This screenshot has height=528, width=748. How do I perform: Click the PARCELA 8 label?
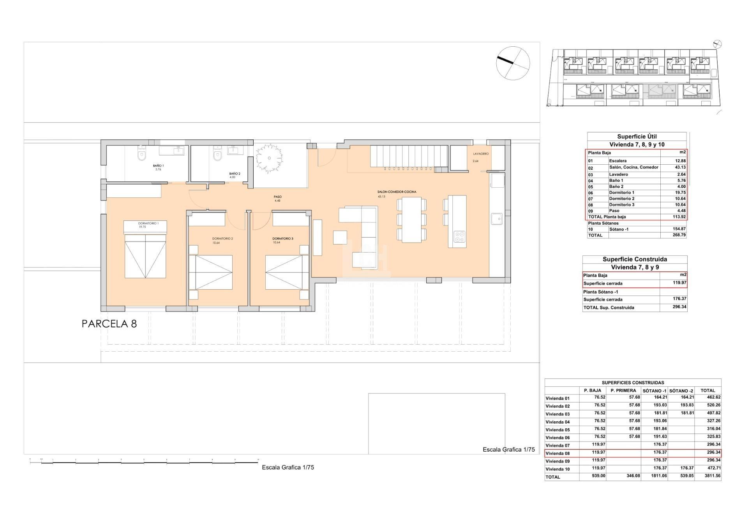pos(109,324)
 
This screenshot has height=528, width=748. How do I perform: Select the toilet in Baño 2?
pos(217,155)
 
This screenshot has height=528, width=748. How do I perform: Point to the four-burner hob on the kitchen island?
pos(460,236)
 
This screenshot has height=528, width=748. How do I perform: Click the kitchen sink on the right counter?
pos(496,219)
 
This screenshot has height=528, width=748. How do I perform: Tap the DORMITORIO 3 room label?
pos(282,238)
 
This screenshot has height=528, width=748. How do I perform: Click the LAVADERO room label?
pos(481,154)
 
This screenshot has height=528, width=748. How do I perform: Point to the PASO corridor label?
pos(277,197)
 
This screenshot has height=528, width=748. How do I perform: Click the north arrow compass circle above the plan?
pos(513,63)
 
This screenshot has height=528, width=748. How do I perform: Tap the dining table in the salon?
pos(411,220)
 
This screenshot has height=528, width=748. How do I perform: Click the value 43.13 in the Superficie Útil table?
pos(680,167)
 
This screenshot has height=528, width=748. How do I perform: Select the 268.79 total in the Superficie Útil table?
pos(679,235)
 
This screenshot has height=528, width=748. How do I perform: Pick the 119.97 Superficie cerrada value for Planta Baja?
pos(679,283)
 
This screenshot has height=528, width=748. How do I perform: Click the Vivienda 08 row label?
pos(557,453)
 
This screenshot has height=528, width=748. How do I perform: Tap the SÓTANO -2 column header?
pos(681,391)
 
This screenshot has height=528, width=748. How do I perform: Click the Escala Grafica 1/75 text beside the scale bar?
pos(288,467)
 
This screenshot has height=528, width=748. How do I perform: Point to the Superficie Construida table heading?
pos(635,259)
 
